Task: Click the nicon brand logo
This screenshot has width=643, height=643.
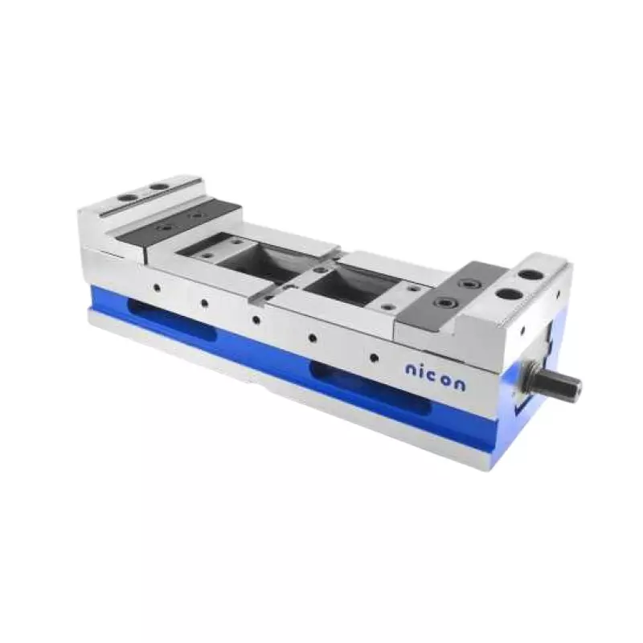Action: (434, 375)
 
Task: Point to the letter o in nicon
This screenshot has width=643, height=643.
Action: (447, 379)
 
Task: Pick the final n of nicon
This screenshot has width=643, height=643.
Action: (460, 383)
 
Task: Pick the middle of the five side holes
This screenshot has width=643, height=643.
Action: (256, 319)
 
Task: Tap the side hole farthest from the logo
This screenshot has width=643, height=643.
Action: (156, 287)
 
